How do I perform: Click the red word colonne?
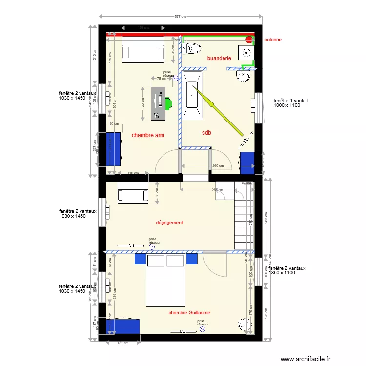pos(273,39)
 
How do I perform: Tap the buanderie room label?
pos(219,58)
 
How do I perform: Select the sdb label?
pos(206,132)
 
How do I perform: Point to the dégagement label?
pos(169,223)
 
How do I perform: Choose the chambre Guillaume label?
pos(189,312)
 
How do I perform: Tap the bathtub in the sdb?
pos(193,95)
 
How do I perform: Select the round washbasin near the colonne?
pos(243,76)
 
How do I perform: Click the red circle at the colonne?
pos(249,39)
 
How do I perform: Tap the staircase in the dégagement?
pos(244,220)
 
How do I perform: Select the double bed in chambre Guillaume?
pos(166,281)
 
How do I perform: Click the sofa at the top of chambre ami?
pos(143,51)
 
